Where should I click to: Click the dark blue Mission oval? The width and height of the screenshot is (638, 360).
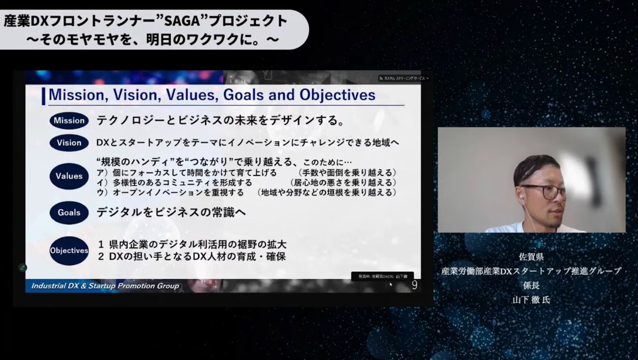point(69,120)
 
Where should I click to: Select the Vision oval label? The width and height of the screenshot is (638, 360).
point(69,143)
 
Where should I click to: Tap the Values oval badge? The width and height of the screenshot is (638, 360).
point(69,175)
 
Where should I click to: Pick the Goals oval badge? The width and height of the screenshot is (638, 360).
point(69,213)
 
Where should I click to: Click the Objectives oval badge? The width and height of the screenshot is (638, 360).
point(69,250)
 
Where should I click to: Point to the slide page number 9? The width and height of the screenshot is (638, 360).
point(414,286)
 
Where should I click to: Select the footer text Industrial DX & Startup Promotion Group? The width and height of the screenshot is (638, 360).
point(105,286)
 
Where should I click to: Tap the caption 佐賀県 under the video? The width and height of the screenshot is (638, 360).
point(531,257)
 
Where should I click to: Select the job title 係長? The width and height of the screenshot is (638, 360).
point(531,285)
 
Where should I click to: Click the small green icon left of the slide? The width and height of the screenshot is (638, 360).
point(23,267)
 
